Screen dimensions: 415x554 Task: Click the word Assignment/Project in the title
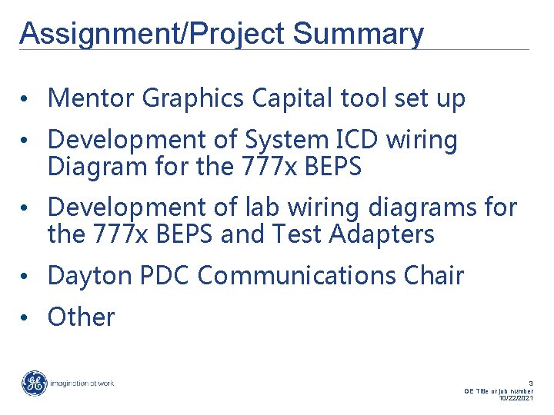152,34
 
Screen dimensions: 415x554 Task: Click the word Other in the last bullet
81,317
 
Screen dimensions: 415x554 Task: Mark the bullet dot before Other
25,317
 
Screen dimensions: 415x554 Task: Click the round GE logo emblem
34,383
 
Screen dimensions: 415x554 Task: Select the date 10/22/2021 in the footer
516,398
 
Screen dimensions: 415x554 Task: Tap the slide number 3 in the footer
530,383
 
